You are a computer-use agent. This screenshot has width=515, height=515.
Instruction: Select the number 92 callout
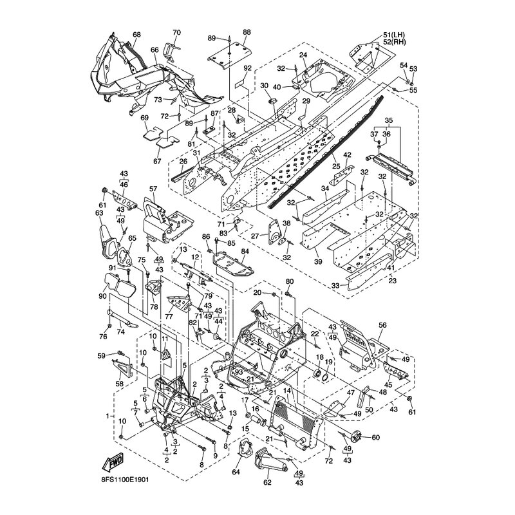[247, 68]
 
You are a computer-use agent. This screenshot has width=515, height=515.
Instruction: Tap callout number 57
[153, 189]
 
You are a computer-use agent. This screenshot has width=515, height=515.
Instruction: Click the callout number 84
[245, 251]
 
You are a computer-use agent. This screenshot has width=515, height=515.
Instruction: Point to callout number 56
[382, 326]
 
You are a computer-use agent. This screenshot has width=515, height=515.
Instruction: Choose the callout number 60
[376, 438]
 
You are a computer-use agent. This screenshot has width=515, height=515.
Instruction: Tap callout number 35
[388, 120]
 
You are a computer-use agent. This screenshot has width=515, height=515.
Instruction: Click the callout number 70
[177, 32]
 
